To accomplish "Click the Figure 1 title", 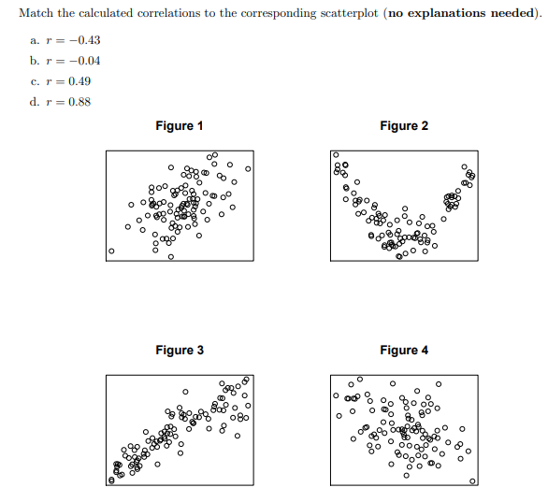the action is [180, 126].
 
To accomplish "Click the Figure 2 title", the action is [404, 126].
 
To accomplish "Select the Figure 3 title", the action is [180, 351].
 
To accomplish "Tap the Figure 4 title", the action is [404, 351].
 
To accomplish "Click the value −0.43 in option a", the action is [83, 41].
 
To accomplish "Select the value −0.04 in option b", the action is [83, 62].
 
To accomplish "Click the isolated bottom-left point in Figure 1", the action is [111, 251].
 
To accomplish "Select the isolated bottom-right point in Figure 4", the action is [471, 481].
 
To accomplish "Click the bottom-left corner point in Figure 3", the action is [111, 480].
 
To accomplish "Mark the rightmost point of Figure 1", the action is [248, 169].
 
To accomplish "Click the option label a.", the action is [34, 41].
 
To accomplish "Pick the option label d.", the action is [34, 102].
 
